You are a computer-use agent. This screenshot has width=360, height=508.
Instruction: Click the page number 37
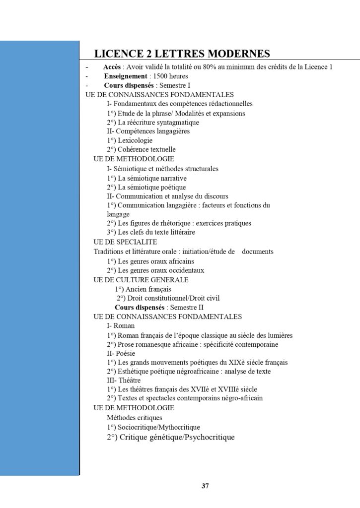point(205,486)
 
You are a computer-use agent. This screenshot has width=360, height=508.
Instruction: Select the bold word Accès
point(112,67)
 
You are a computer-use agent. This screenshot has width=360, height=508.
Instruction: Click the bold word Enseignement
point(125,76)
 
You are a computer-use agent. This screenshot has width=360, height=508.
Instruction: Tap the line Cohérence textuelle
point(141,149)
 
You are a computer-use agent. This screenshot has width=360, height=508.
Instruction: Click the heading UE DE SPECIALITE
point(125,242)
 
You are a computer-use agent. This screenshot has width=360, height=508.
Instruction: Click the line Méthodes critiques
point(135,417)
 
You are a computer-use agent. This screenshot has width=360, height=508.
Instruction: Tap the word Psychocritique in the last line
point(209,437)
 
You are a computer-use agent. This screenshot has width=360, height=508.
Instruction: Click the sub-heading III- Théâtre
point(124,381)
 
